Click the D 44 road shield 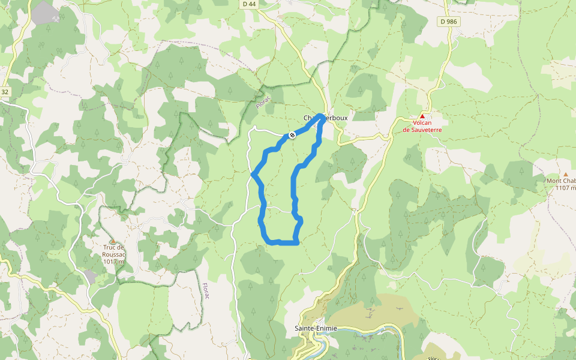tap(249, 4)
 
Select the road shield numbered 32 tap(5, 92)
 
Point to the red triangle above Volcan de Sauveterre tap(422, 116)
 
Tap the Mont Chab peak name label tap(561, 181)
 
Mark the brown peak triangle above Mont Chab tap(565, 174)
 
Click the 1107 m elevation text tap(565, 188)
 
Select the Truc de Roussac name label tap(113, 251)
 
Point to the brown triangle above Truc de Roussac tap(112, 241)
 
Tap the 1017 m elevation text tap(113, 261)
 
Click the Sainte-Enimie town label tap(316, 328)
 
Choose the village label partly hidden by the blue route tap(325, 118)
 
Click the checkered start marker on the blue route tap(292, 135)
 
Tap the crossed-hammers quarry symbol tap(56, 17)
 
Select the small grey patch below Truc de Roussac tap(90, 277)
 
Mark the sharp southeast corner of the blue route tap(297, 242)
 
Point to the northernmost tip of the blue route tap(321, 115)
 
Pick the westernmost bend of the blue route tap(254, 174)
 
